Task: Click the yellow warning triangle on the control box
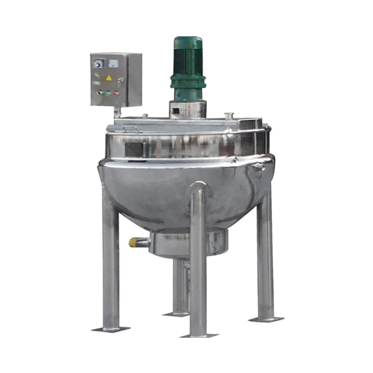pyautogui.click(x=108, y=78)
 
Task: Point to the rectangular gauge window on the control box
pyautogui.click(x=113, y=63)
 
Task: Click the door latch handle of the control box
pyautogui.click(x=121, y=80)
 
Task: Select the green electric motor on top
pyautogui.click(x=188, y=67)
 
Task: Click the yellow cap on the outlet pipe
pyautogui.click(x=133, y=242)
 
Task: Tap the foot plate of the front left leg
pyautogui.click(x=111, y=329)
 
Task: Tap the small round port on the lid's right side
pyautogui.click(x=229, y=116)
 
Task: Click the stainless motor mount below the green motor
pyautogui.click(x=187, y=108)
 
